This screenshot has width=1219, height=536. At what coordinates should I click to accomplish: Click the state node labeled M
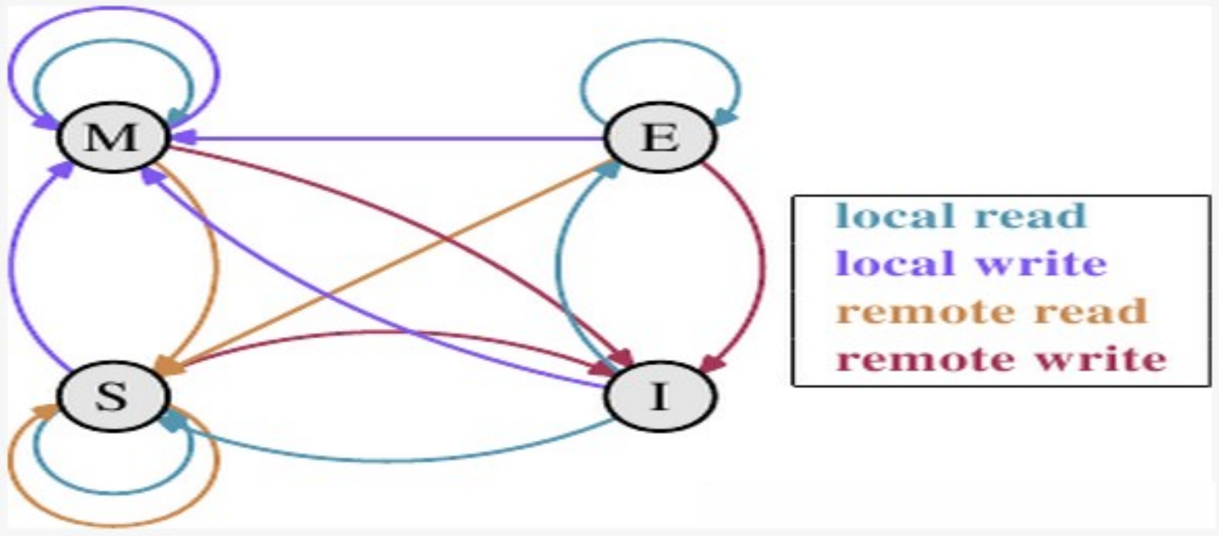pyautogui.click(x=112, y=138)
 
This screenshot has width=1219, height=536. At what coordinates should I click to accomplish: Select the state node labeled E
pyautogui.click(x=661, y=138)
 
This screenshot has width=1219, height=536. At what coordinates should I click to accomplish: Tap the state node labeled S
pyautogui.click(x=112, y=396)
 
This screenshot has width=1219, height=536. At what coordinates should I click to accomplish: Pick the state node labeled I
pyautogui.click(x=661, y=396)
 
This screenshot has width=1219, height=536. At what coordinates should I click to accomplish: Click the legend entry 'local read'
pyautogui.click(x=961, y=216)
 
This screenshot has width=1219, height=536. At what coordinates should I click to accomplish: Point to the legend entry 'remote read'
pyautogui.click(x=992, y=312)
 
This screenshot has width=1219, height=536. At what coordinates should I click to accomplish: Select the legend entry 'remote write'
pyautogui.click(x=1001, y=360)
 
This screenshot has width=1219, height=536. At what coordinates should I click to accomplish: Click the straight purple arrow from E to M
pyautogui.click(x=390, y=139)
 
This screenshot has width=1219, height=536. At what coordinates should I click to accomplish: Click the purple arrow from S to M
pyautogui.click(x=13, y=263)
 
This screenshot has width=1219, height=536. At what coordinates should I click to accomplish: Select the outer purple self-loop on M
pyautogui.click(x=112, y=8)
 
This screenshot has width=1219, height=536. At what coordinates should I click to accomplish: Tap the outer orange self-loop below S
pyautogui.click(x=112, y=523)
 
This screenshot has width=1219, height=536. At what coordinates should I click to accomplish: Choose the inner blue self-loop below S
pyautogui.click(x=112, y=492)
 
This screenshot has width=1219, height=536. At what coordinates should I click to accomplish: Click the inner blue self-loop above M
pyautogui.click(x=112, y=41)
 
